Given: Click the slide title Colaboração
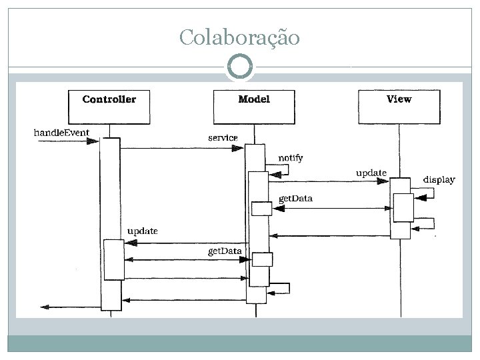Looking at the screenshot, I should click(x=239, y=37).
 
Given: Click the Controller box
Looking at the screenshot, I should click(x=109, y=106).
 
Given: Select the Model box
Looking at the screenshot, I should click(x=254, y=106).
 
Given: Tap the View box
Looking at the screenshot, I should click(x=399, y=106).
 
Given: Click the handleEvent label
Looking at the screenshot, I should click(x=61, y=132).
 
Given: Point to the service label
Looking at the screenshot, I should click(x=223, y=137).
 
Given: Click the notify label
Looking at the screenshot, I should click(x=290, y=158).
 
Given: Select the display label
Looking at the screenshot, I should click(x=439, y=179).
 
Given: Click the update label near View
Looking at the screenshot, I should click(x=371, y=173).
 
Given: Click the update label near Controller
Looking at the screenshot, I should click(x=142, y=231).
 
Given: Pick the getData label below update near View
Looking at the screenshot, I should click(x=295, y=199).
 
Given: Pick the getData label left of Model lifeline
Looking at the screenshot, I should click(x=225, y=251).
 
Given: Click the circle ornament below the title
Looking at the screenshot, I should click(x=240, y=67).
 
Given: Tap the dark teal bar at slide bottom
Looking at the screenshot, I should click(x=239, y=343).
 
